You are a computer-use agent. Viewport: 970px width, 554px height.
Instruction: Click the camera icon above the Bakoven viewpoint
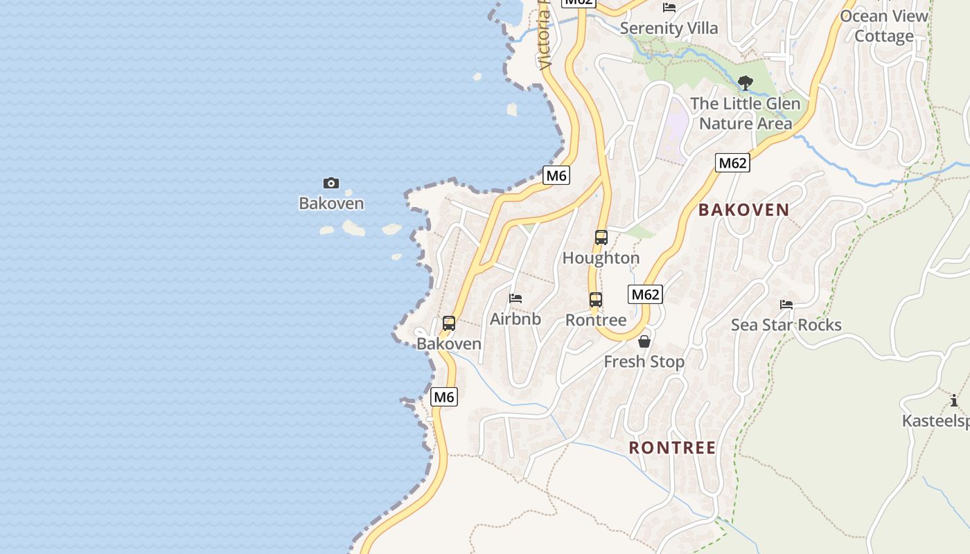tap(331, 183)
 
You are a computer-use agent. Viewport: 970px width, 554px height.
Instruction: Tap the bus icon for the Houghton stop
tap(601, 238)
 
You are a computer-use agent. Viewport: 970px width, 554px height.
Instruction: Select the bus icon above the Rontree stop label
tap(596, 300)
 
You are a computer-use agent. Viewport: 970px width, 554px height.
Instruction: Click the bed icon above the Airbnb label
tap(515, 298)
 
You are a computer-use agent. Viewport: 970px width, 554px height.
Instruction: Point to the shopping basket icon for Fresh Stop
tap(644, 341)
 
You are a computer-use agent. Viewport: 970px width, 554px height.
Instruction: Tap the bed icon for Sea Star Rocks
tap(786, 305)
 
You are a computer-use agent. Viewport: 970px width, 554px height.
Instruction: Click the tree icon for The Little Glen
tap(746, 84)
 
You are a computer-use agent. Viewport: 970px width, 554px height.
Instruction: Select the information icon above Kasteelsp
tap(954, 400)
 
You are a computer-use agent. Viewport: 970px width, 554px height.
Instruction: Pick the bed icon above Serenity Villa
tap(669, 8)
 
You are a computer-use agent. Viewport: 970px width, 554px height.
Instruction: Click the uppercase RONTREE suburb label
tap(672, 447)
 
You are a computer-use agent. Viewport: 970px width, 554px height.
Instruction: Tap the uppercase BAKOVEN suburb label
tap(744, 210)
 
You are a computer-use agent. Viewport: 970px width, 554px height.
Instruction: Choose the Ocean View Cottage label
tap(884, 26)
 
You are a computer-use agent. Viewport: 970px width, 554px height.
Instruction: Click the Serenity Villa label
tap(669, 28)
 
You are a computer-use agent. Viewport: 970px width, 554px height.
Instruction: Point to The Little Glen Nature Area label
tap(746, 114)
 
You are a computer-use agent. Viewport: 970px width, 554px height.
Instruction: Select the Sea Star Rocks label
tap(786, 325)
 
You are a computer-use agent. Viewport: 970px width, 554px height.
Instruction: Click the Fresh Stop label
tap(644, 361)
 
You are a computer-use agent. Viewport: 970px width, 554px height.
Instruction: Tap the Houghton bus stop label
tap(601, 258)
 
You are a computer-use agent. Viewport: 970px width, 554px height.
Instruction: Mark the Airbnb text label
tap(515, 319)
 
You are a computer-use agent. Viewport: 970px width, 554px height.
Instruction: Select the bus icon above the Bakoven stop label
tap(449, 323)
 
